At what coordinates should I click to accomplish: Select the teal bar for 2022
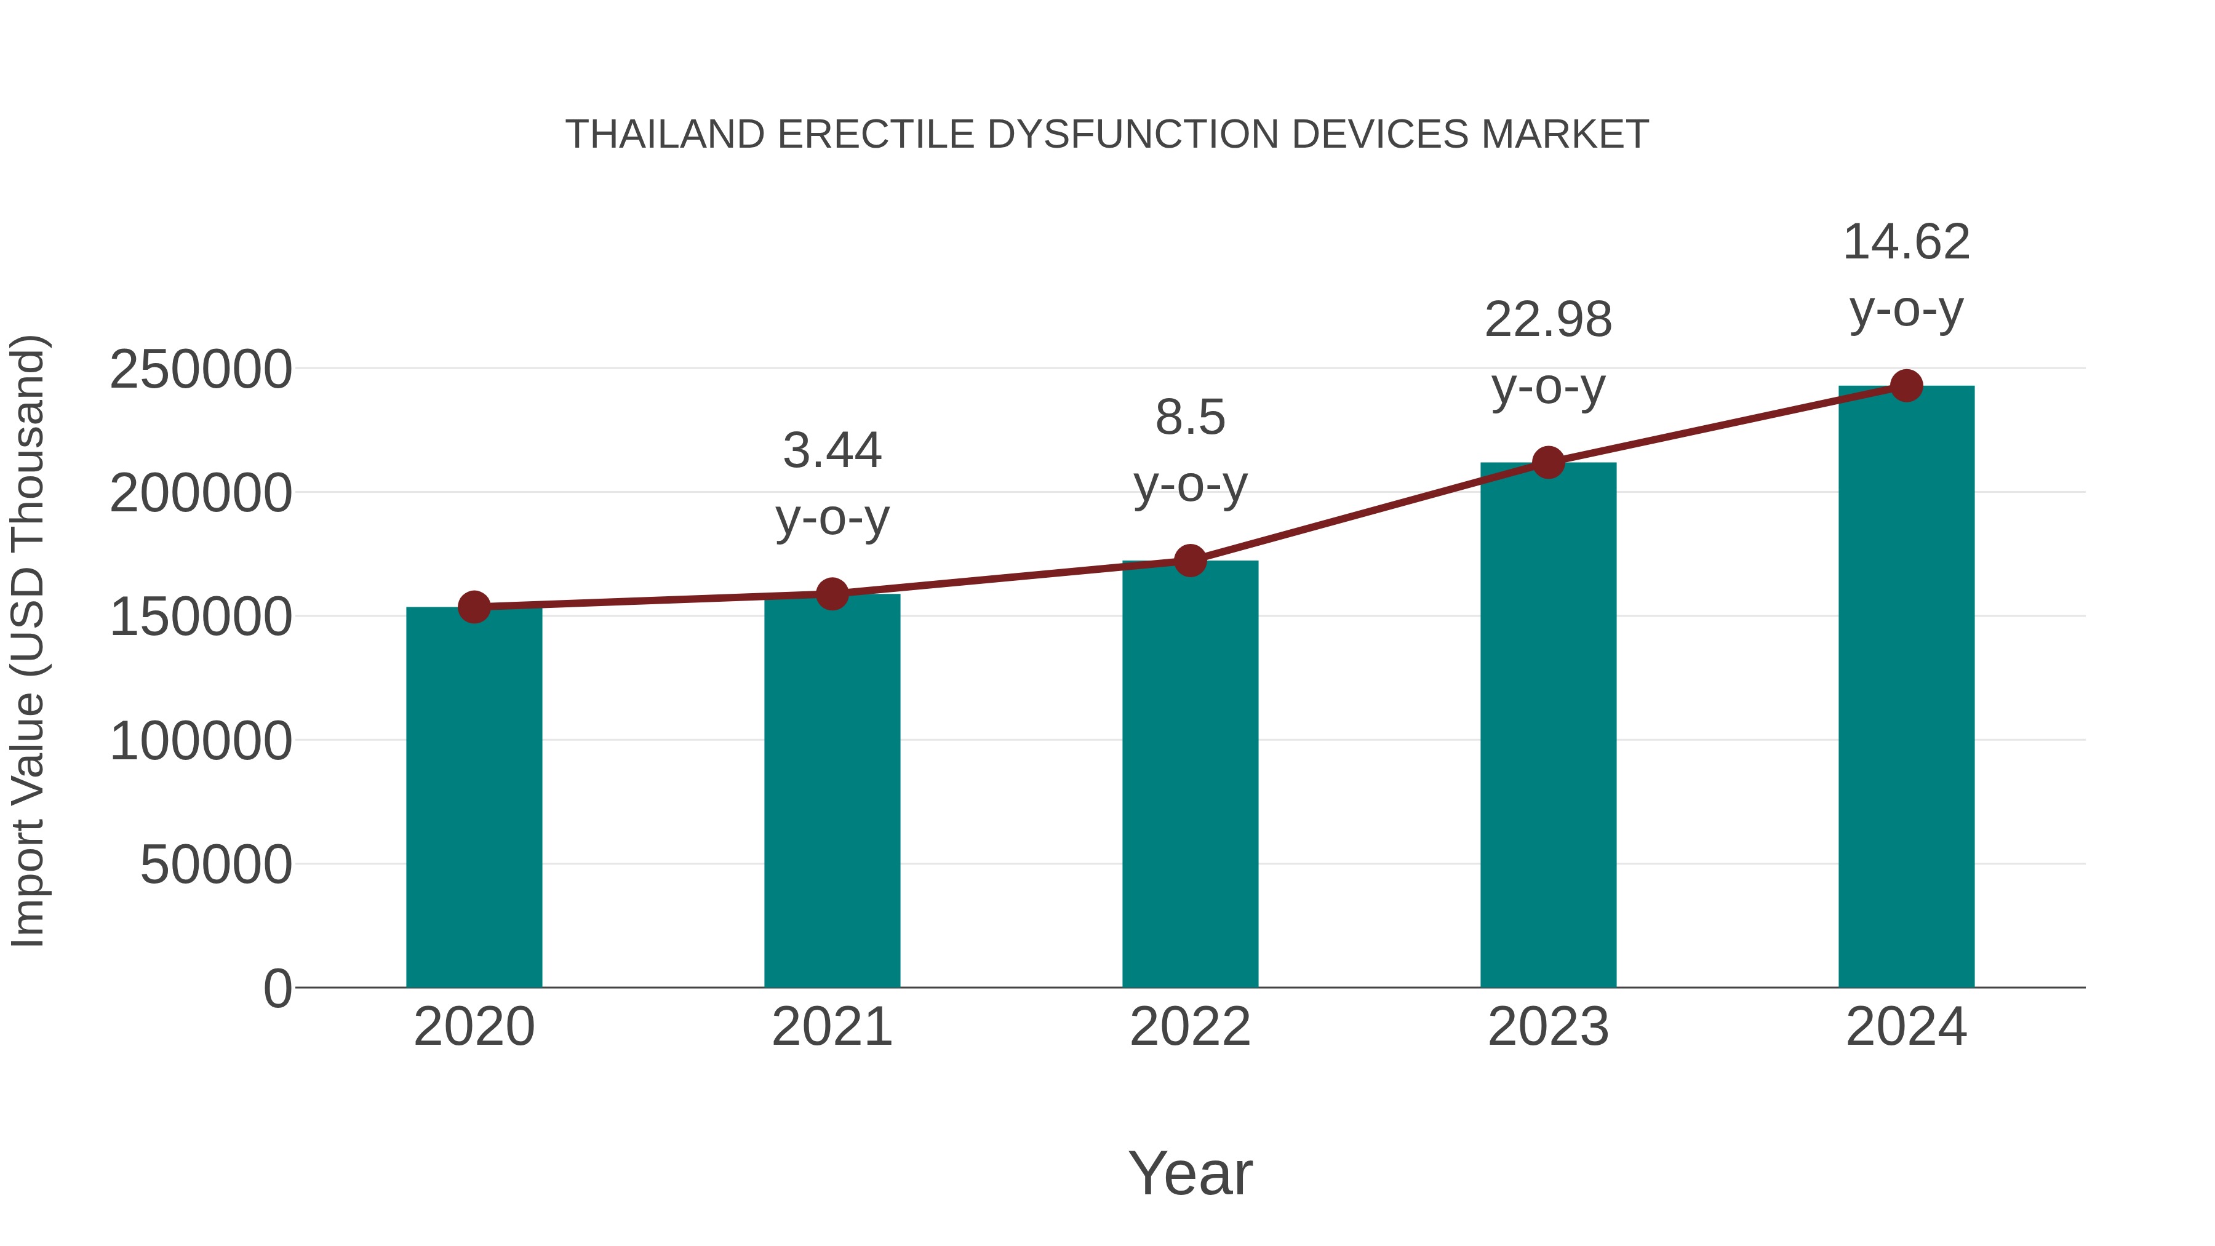coord(1190,774)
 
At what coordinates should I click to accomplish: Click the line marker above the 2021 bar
coord(831,593)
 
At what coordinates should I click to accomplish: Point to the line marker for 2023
coord(1548,463)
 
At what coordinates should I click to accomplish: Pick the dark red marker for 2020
coord(474,607)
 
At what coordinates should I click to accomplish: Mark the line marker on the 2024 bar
coord(1906,386)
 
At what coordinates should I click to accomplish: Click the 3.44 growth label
coord(831,450)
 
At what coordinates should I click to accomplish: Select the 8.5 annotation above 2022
coord(1190,418)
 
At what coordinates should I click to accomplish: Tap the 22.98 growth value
coord(1548,320)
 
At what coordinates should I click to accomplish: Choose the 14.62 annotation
coord(1906,242)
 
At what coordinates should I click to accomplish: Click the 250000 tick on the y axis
coord(201,370)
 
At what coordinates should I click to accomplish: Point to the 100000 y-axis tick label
coord(201,741)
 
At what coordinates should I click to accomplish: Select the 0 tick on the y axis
coord(277,989)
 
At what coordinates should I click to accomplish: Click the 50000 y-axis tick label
coord(216,865)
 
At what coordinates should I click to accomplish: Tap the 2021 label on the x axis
coord(831,1027)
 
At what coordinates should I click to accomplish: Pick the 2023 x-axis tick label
coord(1548,1027)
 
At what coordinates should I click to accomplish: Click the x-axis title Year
coord(1190,1173)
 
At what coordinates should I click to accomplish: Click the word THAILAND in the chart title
coord(664,135)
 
